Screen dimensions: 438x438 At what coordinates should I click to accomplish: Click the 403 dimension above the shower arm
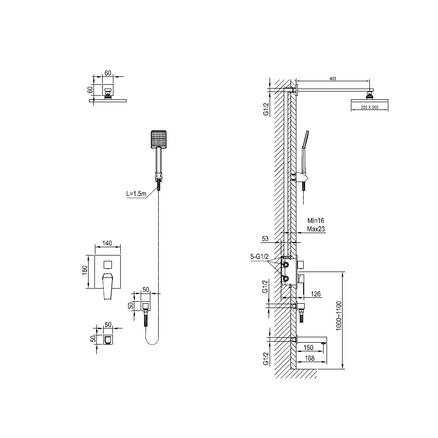333,78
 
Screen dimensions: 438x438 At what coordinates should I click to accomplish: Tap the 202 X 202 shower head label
370,108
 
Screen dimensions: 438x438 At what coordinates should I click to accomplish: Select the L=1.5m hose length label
135,194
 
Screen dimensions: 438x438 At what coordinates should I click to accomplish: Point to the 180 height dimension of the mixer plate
85,272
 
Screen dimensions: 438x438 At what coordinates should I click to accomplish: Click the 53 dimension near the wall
265,238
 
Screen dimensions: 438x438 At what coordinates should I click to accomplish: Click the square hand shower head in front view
159,139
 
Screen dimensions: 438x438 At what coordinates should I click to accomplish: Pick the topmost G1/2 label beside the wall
266,109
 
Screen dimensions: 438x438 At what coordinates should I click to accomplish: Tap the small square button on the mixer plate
108,264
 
